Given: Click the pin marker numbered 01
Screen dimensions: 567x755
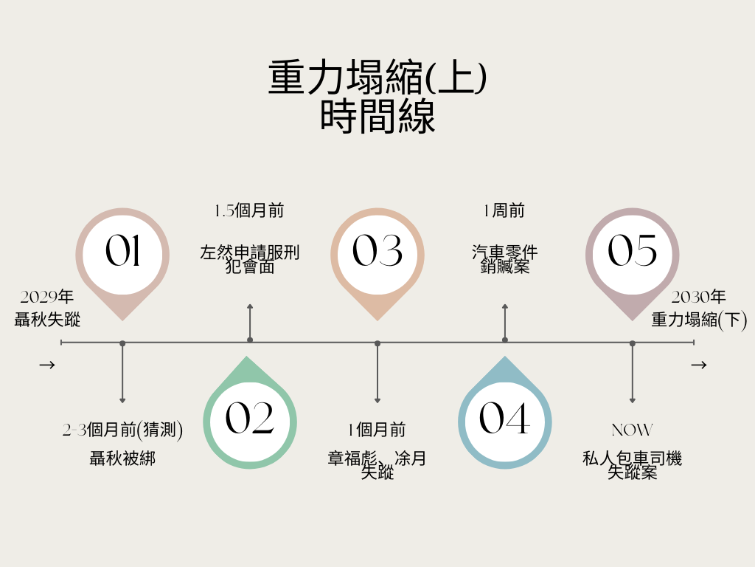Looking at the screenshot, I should [x=122, y=252].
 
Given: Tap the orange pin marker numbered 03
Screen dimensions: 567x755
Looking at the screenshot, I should [x=377, y=252].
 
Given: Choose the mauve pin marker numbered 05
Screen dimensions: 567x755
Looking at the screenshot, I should [x=633, y=252].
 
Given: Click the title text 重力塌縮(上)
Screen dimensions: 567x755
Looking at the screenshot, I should [x=377, y=78].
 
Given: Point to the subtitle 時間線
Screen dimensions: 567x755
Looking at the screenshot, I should [x=377, y=117].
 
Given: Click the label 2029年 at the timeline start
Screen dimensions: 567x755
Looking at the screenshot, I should [x=47, y=298].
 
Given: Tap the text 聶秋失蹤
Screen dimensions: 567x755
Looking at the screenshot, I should [x=47, y=320].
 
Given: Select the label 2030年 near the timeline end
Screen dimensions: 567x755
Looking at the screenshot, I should [x=698, y=298].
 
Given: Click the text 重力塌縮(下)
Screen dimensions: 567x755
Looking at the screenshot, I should [x=699, y=320].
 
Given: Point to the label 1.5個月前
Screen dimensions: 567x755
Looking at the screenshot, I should [x=249, y=211].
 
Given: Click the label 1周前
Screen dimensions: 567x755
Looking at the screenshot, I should [x=504, y=211].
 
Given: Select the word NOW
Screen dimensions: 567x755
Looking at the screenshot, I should [x=632, y=430].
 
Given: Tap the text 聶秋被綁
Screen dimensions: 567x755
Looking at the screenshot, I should [x=122, y=459].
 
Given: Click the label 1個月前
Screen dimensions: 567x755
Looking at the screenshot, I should [x=377, y=430].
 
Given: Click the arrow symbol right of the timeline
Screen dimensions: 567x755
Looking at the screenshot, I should [x=699, y=365].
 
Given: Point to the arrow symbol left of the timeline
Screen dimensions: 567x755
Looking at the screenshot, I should [x=47, y=365].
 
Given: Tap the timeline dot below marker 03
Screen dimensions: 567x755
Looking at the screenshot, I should [x=377, y=343].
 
